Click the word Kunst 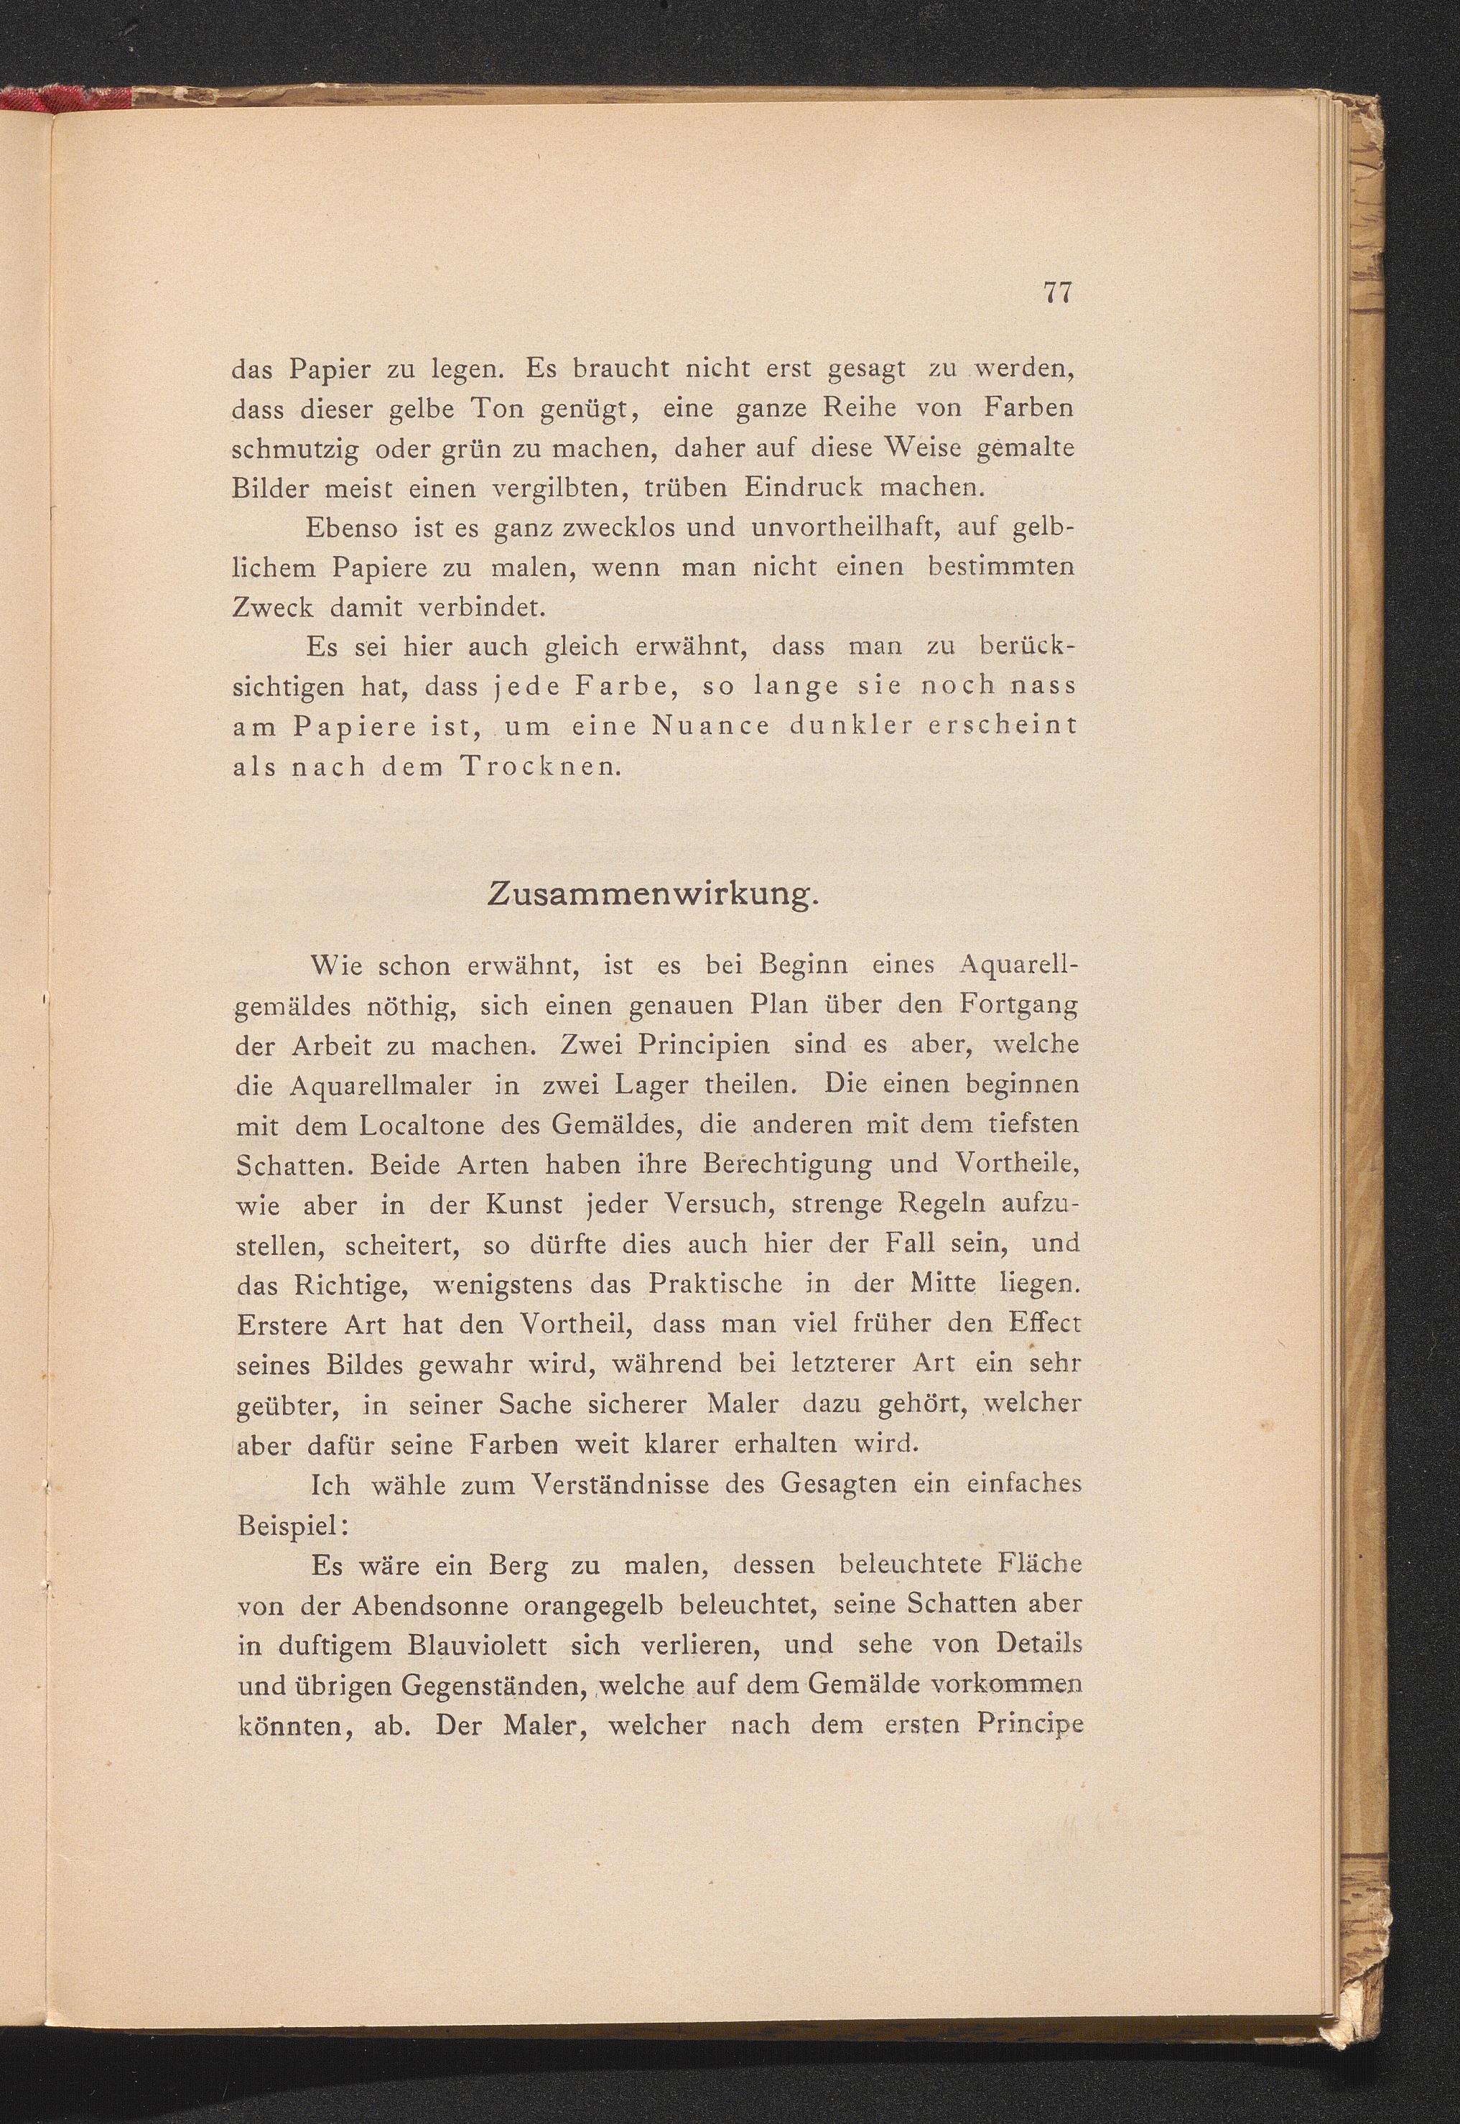[525, 1205]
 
